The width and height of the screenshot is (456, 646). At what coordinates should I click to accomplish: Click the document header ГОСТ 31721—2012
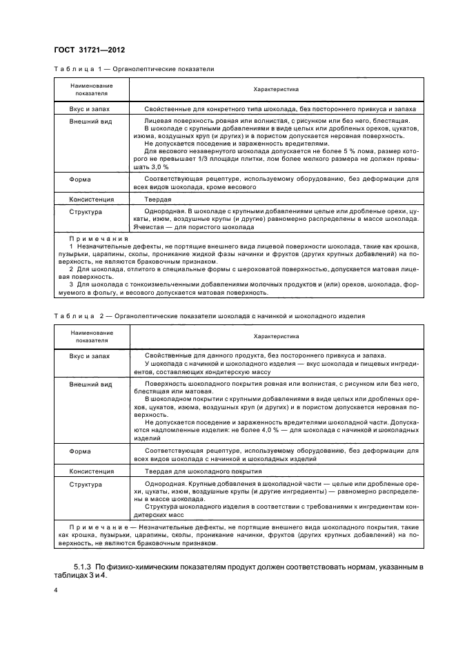point(85,50)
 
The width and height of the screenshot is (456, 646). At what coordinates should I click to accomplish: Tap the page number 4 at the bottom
point(56,590)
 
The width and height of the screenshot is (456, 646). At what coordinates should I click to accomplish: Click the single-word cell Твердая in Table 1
point(157,199)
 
